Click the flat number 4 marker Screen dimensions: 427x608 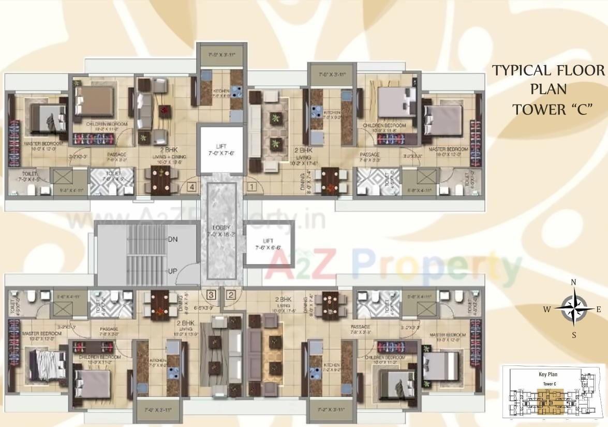(192, 187)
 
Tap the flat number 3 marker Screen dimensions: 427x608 (211, 295)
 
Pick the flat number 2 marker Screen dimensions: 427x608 (231, 295)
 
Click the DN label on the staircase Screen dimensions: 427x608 (173, 239)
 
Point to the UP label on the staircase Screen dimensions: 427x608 (173, 270)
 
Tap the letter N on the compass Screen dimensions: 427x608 (573, 282)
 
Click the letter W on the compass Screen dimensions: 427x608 (546, 310)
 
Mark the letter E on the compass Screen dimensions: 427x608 (599, 310)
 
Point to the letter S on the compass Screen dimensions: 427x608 (573, 335)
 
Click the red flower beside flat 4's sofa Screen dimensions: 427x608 (165, 110)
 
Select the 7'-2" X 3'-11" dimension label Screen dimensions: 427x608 (327, 410)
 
